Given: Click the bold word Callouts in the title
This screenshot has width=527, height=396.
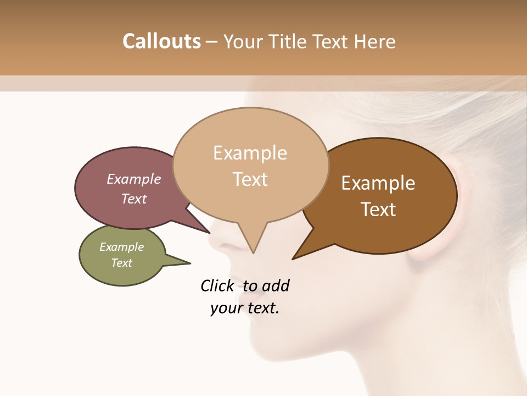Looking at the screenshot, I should pyautogui.click(x=161, y=41).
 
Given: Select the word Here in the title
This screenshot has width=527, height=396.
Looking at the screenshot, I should pyautogui.click(x=374, y=41).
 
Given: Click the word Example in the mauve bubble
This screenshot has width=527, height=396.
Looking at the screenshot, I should pyautogui.click(x=134, y=179).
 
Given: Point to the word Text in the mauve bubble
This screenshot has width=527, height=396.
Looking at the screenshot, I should pyautogui.click(x=134, y=199).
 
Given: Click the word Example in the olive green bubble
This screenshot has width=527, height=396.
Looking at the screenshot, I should pyautogui.click(x=122, y=247).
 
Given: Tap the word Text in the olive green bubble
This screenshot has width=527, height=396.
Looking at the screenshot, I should pyautogui.click(x=122, y=262).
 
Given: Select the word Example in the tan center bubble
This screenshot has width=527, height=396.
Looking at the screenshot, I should pyautogui.click(x=250, y=152).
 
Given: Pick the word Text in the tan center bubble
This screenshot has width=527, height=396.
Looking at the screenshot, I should pyautogui.click(x=250, y=179).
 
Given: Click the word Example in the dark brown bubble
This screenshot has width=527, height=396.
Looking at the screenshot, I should pyautogui.click(x=378, y=183).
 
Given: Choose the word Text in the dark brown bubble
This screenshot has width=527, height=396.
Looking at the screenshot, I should pyautogui.click(x=378, y=209).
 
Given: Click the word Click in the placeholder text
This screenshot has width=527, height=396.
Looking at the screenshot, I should pyautogui.click(x=217, y=285).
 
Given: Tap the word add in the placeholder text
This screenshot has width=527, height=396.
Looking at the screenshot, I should pyautogui.click(x=276, y=285).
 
